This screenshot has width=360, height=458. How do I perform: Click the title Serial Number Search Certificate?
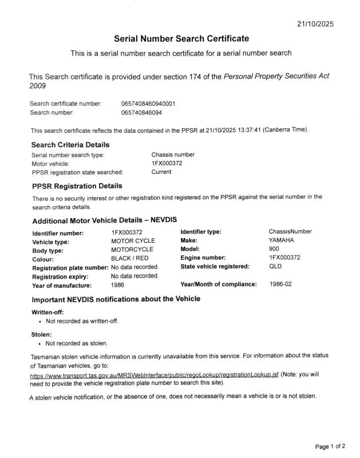click(181, 39)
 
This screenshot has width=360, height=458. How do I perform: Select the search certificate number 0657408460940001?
click(148, 104)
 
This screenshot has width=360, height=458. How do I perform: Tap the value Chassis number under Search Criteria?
click(173, 155)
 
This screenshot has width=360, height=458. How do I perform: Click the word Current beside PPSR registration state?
click(161, 172)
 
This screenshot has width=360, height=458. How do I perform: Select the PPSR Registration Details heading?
click(77, 185)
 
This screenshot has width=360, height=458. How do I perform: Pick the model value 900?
click(274, 249)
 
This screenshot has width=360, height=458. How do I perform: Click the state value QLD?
click(275, 266)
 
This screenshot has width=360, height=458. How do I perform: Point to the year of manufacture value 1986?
click(117, 285)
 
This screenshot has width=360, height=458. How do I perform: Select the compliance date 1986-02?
click(280, 284)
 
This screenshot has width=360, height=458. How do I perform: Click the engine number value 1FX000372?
click(284, 258)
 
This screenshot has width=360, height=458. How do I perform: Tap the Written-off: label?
click(47, 312)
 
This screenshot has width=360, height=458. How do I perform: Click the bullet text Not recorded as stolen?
click(76, 343)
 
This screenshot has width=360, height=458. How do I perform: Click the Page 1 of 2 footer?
click(330, 446)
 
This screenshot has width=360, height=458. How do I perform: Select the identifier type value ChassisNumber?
click(290, 231)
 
